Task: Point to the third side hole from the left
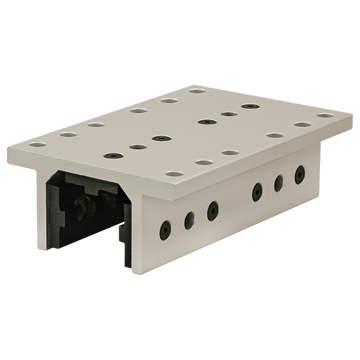[212, 211]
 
